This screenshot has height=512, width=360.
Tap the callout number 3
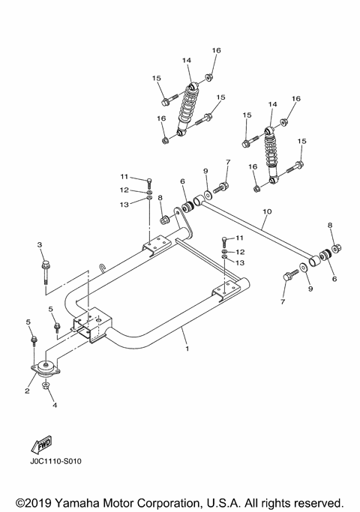[x=40, y=244]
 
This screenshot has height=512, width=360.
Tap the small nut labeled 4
[x=46, y=386]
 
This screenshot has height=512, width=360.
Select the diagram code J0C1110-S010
[x=55, y=462]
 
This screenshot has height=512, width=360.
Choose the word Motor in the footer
[x=122, y=501]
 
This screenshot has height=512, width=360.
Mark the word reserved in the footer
[x=317, y=501]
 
